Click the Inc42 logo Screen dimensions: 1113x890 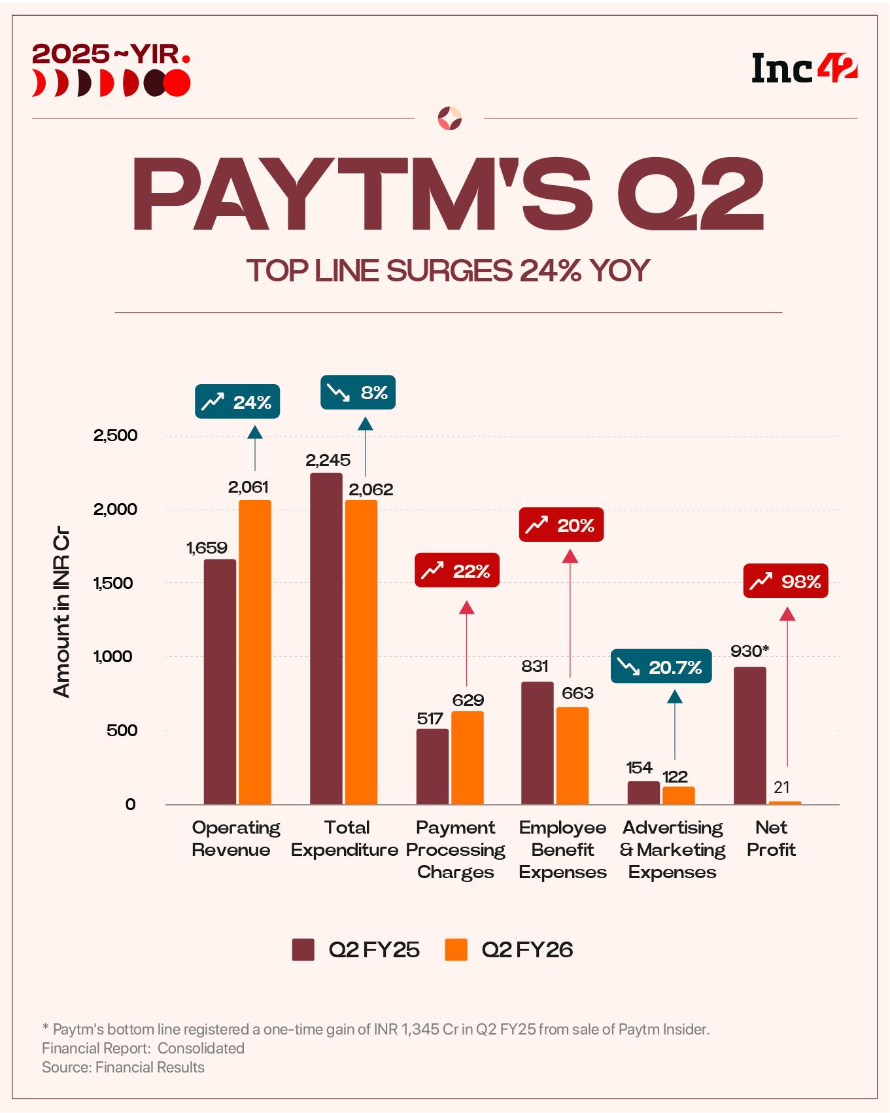804,69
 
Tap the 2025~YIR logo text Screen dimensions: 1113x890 111,54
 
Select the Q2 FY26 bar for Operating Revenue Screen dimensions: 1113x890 254,652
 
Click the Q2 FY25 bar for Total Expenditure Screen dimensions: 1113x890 326,638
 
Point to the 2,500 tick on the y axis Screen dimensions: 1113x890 116,435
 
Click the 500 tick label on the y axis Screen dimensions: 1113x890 122,730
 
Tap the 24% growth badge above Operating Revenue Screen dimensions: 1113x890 237,402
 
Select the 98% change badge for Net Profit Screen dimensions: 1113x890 785,581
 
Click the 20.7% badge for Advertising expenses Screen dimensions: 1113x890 660,667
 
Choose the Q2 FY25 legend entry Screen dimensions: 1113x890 356,949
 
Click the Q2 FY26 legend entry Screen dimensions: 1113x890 509,949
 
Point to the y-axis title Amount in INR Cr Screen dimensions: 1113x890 61,615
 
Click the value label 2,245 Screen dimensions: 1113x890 328,460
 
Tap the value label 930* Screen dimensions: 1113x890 749,651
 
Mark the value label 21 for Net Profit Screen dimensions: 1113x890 781,787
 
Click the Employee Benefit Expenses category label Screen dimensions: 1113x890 562,849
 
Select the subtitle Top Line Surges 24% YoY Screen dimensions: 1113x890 448,270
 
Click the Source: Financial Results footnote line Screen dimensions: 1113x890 123,1067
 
